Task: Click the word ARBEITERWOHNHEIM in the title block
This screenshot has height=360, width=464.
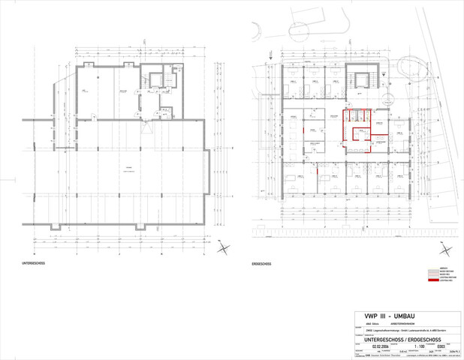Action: click(400, 323)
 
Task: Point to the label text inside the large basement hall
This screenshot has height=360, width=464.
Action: click(128, 169)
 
